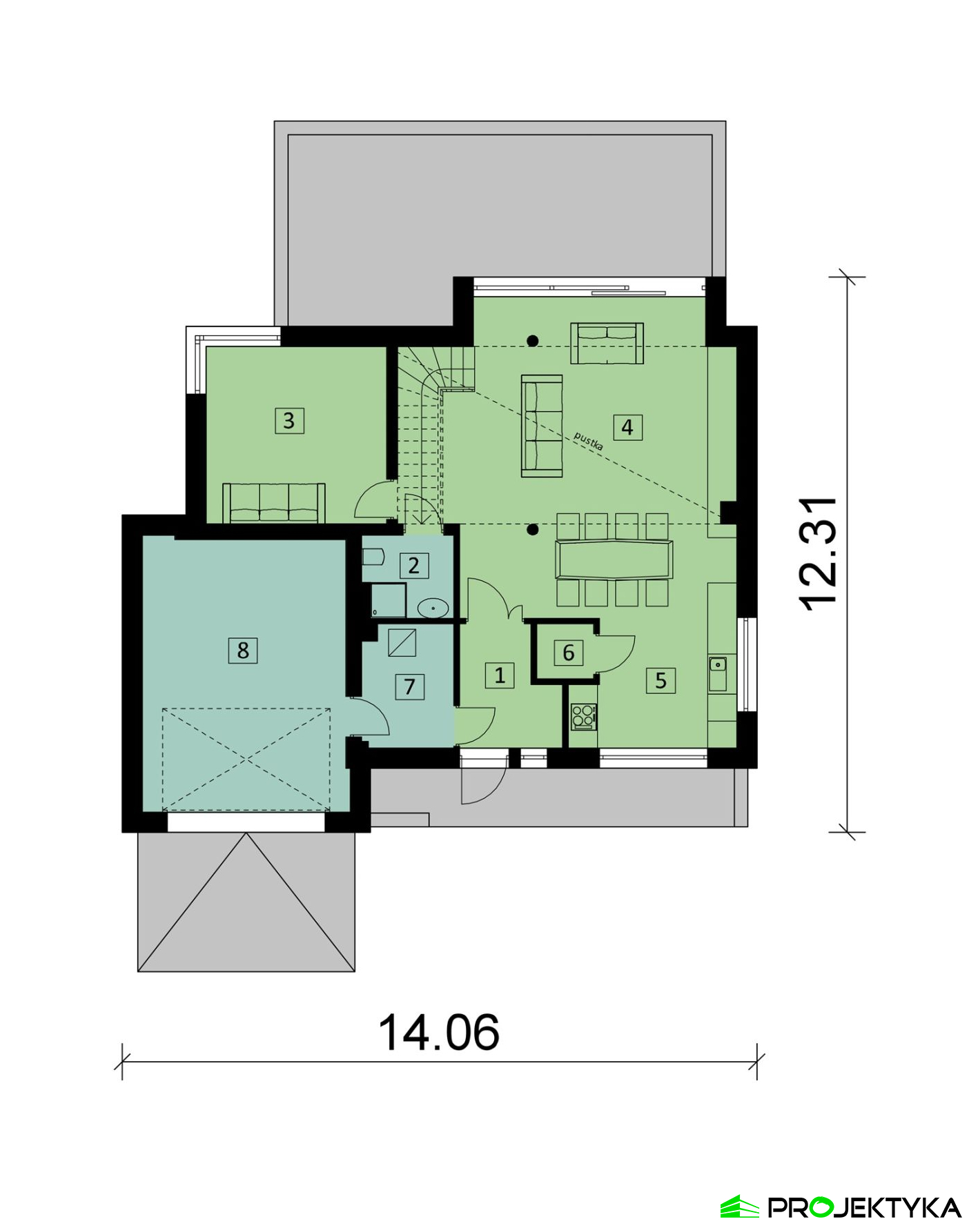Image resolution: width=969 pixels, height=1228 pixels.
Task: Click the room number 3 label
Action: [288, 420]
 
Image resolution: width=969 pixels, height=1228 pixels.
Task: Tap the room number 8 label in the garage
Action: [243, 650]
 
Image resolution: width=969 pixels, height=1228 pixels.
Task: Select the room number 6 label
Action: [568, 653]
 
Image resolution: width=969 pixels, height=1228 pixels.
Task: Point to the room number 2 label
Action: [413, 566]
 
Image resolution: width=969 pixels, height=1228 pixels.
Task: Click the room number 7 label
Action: [410, 686]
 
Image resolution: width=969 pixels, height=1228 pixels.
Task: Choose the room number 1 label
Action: [500, 675]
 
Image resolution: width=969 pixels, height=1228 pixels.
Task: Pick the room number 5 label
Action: [660, 680]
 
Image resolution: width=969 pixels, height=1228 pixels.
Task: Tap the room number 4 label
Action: [627, 427]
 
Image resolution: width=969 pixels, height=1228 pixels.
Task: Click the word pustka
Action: [589, 442]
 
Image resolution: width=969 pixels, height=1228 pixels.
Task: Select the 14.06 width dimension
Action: [439, 1033]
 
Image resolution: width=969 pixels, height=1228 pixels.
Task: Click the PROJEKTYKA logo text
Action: [865, 1207]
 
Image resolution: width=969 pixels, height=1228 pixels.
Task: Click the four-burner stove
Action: [584, 716]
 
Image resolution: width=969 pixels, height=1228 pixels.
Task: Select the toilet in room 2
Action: [373, 557]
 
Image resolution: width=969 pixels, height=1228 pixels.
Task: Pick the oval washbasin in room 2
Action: [433, 608]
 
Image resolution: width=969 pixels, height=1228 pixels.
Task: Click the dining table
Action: [614, 559]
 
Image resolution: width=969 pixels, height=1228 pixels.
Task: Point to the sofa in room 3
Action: [274, 502]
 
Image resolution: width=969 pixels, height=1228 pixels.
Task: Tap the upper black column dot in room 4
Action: [532, 340]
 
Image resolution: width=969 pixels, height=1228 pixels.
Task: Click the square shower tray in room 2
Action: [389, 600]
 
